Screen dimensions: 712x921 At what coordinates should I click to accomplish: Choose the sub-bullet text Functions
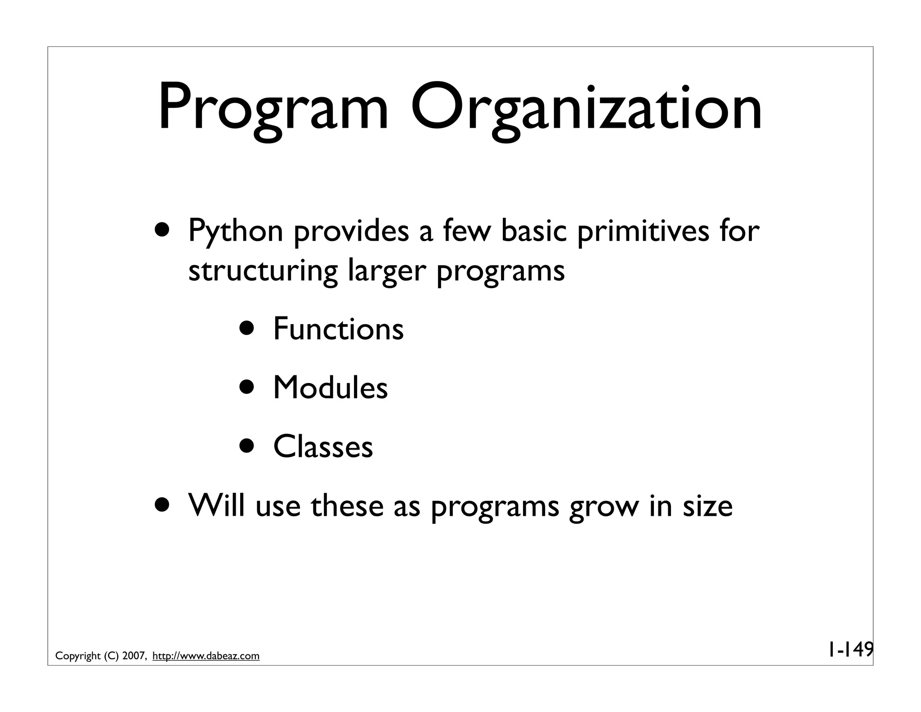(338, 329)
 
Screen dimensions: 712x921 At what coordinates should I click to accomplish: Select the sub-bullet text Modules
(330, 388)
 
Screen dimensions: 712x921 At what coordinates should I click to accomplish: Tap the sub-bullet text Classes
(323, 446)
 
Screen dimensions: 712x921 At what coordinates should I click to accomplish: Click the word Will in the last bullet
(217, 506)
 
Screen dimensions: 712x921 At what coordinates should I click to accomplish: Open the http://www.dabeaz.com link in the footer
(206, 656)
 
